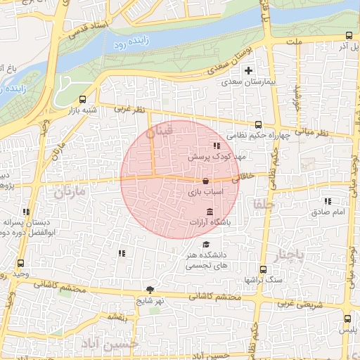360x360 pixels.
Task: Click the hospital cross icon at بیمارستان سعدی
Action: point(247,70)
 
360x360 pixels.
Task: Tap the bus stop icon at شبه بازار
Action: point(83,99)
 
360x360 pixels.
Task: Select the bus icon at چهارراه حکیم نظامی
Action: point(259,124)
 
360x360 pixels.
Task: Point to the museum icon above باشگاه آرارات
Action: point(209,212)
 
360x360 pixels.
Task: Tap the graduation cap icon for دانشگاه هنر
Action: point(205,244)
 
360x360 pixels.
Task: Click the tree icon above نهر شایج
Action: point(150,289)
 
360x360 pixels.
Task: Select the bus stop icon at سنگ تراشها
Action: point(263,269)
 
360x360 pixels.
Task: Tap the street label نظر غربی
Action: point(129,110)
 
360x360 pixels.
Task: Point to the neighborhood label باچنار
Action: point(290,255)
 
